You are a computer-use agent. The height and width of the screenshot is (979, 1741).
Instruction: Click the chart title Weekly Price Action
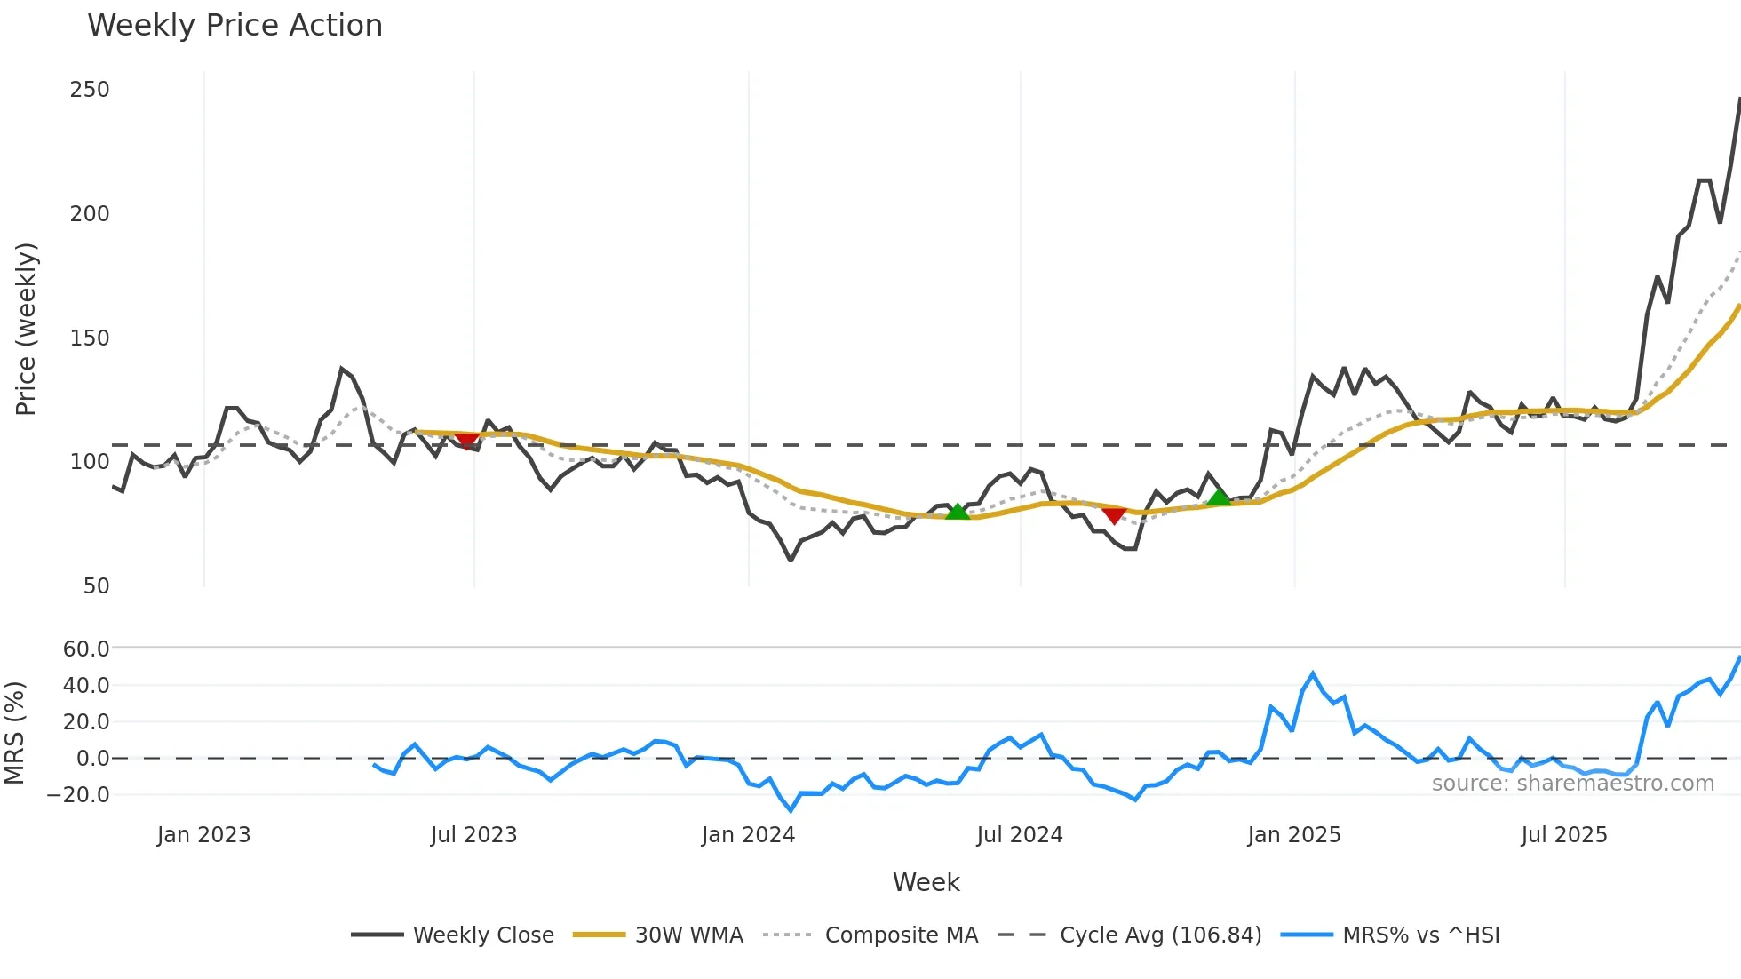click(x=235, y=26)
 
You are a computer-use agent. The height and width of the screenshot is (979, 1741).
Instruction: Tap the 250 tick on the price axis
click(x=90, y=90)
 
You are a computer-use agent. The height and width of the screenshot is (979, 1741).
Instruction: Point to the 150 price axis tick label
click(x=90, y=338)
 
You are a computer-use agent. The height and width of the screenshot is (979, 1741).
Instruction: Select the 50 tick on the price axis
click(x=96, y=586)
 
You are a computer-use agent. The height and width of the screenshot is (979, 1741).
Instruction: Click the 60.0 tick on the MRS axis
click(x=86, y=649)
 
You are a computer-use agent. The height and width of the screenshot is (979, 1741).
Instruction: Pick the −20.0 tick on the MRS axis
click(x=78, y=795)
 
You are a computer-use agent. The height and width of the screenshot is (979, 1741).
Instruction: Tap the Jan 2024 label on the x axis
click(x=748, y=835)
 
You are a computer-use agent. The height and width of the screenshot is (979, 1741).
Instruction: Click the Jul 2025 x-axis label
click(x=1563, y=835)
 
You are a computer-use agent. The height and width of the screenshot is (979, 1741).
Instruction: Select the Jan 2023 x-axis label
click(x=203, y=835)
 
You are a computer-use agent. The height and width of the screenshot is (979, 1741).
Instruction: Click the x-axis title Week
click(x=926, y=882)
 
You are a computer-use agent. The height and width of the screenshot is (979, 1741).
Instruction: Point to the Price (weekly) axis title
click(x=26, y=329)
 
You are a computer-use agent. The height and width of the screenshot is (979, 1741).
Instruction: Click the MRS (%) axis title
click(x=14, y=733)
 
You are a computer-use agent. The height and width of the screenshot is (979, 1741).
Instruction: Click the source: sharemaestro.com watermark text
click(x=1572, y=784)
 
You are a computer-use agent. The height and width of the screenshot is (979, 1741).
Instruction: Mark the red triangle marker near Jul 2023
click(x=466, y=441)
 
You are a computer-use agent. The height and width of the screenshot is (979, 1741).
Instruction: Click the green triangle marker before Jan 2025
click(x=1220, y=496)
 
